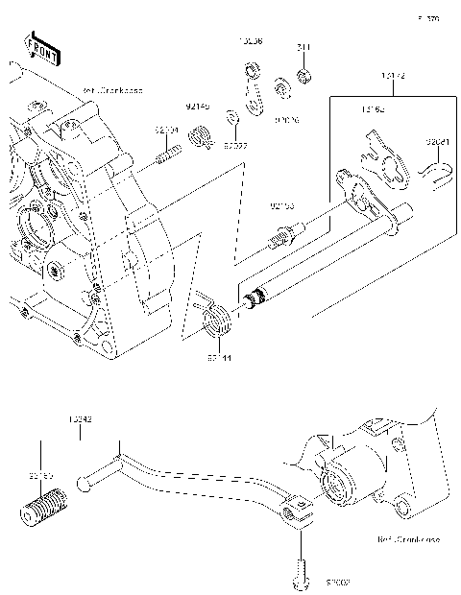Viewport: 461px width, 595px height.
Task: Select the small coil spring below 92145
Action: point(201,136)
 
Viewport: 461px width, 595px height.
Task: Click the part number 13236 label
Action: point(252,40)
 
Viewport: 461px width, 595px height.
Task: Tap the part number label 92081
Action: point(437,141)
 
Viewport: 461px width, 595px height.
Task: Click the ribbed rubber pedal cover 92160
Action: point(41,506)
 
